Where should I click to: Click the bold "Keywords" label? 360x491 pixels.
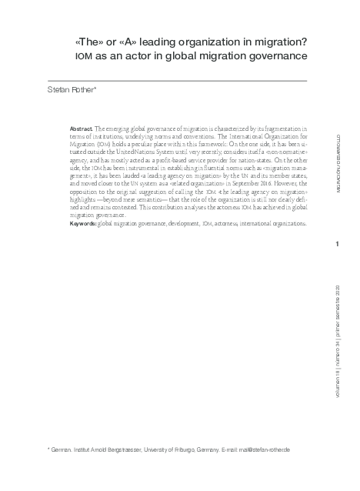point(83,222)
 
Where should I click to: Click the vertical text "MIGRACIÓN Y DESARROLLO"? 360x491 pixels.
point(339,162)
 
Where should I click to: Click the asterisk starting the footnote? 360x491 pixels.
point(49,448)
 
